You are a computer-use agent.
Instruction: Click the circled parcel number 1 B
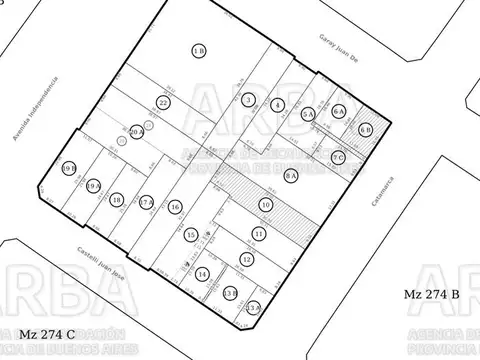point(199,51)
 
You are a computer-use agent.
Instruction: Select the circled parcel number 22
point(164,102)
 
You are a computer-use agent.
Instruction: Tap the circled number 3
point(247,99)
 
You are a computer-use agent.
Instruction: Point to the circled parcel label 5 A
point(277,105)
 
